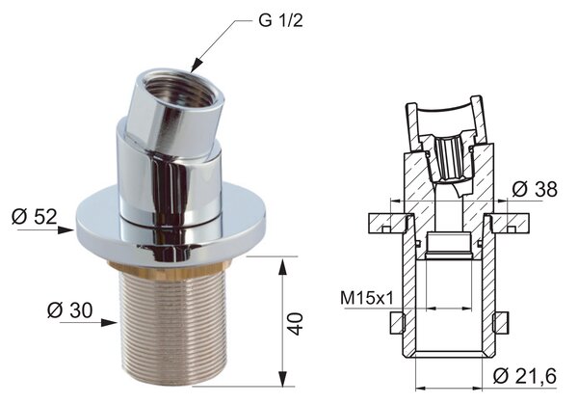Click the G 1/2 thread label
point(280,20)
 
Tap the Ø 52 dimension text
point(35,216)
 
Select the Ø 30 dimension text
point(69,310)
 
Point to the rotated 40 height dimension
point(295,324)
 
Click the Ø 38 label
point(535,190)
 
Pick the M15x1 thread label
point(367,298)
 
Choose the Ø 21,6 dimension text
point(525,376)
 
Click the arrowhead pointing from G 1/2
point(197,66)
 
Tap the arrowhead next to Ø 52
point(66,230)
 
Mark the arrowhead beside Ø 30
point(109,323)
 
